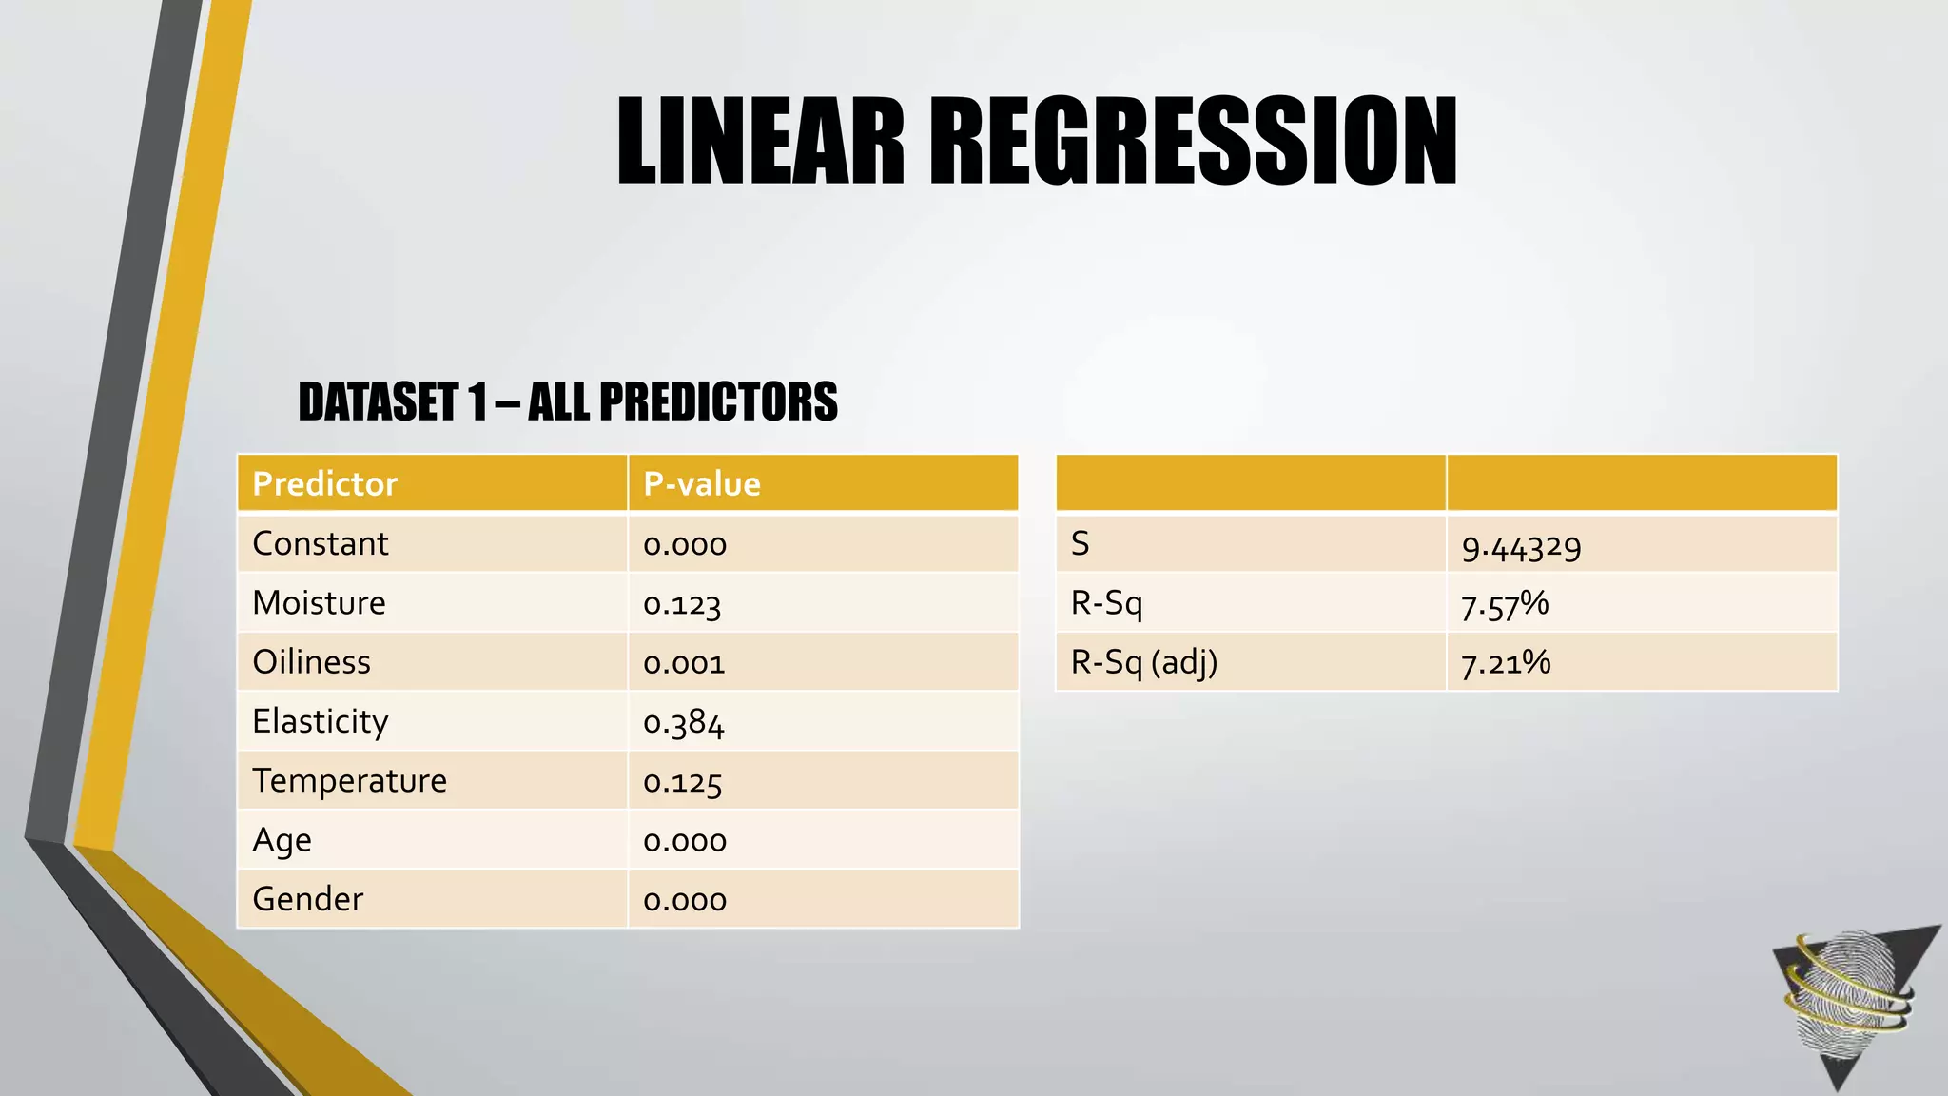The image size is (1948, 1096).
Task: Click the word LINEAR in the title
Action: click(x=761, y=141)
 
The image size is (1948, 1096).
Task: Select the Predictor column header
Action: click(x=324, y=484)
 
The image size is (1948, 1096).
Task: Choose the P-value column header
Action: click(x=702, y=484)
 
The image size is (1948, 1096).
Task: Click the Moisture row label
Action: click(x=319, y=603)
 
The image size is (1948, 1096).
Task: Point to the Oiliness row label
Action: click(x=311, y=662)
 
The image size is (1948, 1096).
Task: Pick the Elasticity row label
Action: click(x=321, y=722)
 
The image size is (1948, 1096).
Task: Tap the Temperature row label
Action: click(x=349, y=781)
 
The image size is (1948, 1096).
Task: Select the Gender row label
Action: click(x=307, y=899)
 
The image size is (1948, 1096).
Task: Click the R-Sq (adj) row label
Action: click(x=1144, y=662)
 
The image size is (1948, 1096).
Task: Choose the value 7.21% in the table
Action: click(x=1506, y=663)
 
